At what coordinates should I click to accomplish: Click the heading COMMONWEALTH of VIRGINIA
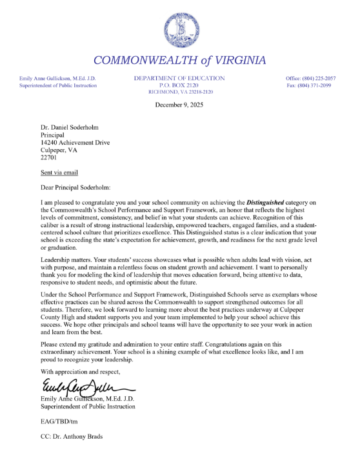point(179,61)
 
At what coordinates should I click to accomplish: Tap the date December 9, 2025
point(179,105)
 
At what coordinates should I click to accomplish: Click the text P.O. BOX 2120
point(179,85)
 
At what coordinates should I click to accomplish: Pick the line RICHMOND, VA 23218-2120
point(179,92)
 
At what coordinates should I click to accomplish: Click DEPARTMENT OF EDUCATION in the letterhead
point(179,78)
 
